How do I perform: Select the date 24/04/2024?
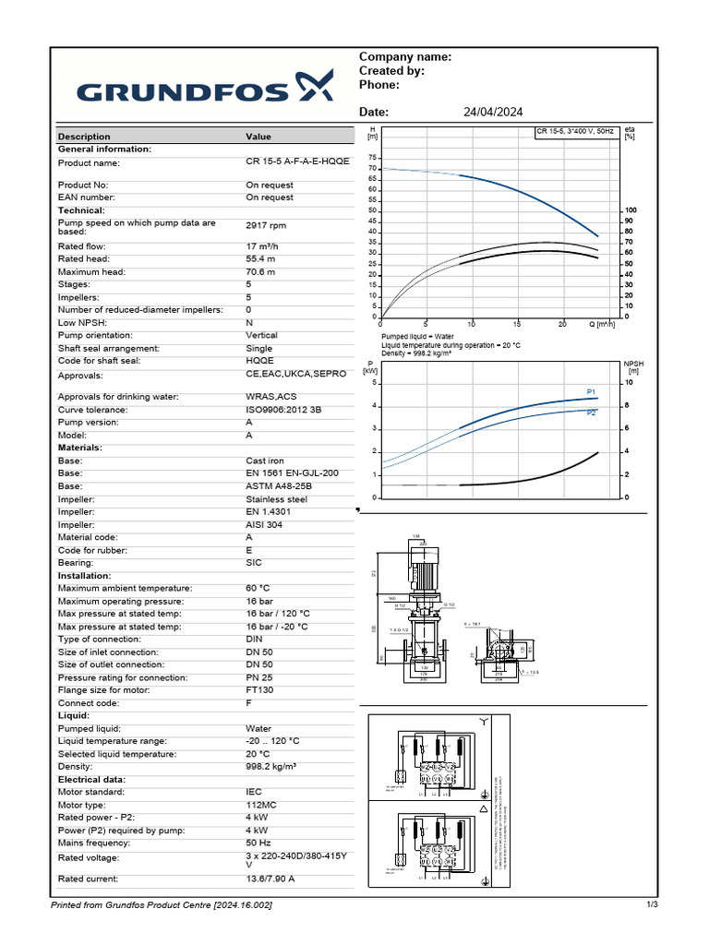[492, 112]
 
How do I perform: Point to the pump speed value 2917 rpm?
[266, 226]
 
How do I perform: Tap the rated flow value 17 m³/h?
[267, 246]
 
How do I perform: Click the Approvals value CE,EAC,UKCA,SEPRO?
[295, 375]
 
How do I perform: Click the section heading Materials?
[80, 448]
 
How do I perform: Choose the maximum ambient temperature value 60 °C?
[258, 588]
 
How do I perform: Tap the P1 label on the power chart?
[591, 392]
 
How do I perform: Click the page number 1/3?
[652, 904]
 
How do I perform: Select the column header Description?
[84, 137]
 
